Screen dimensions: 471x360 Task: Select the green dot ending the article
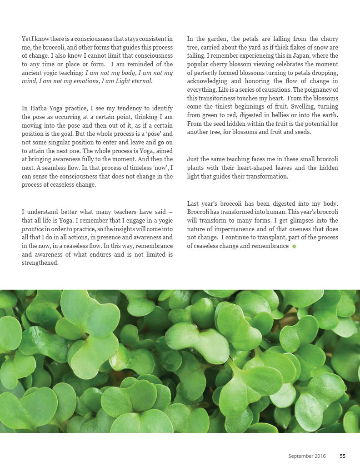294,246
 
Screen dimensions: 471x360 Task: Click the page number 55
343,456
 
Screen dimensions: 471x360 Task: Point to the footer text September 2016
307,456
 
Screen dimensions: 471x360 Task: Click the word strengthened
40,263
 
